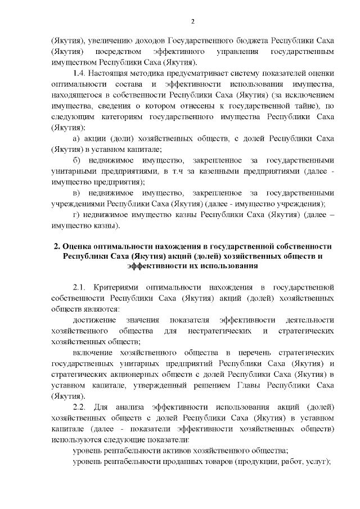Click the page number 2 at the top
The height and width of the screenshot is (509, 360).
192,21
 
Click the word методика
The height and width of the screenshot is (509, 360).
153,74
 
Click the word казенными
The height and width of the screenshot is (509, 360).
208,170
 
